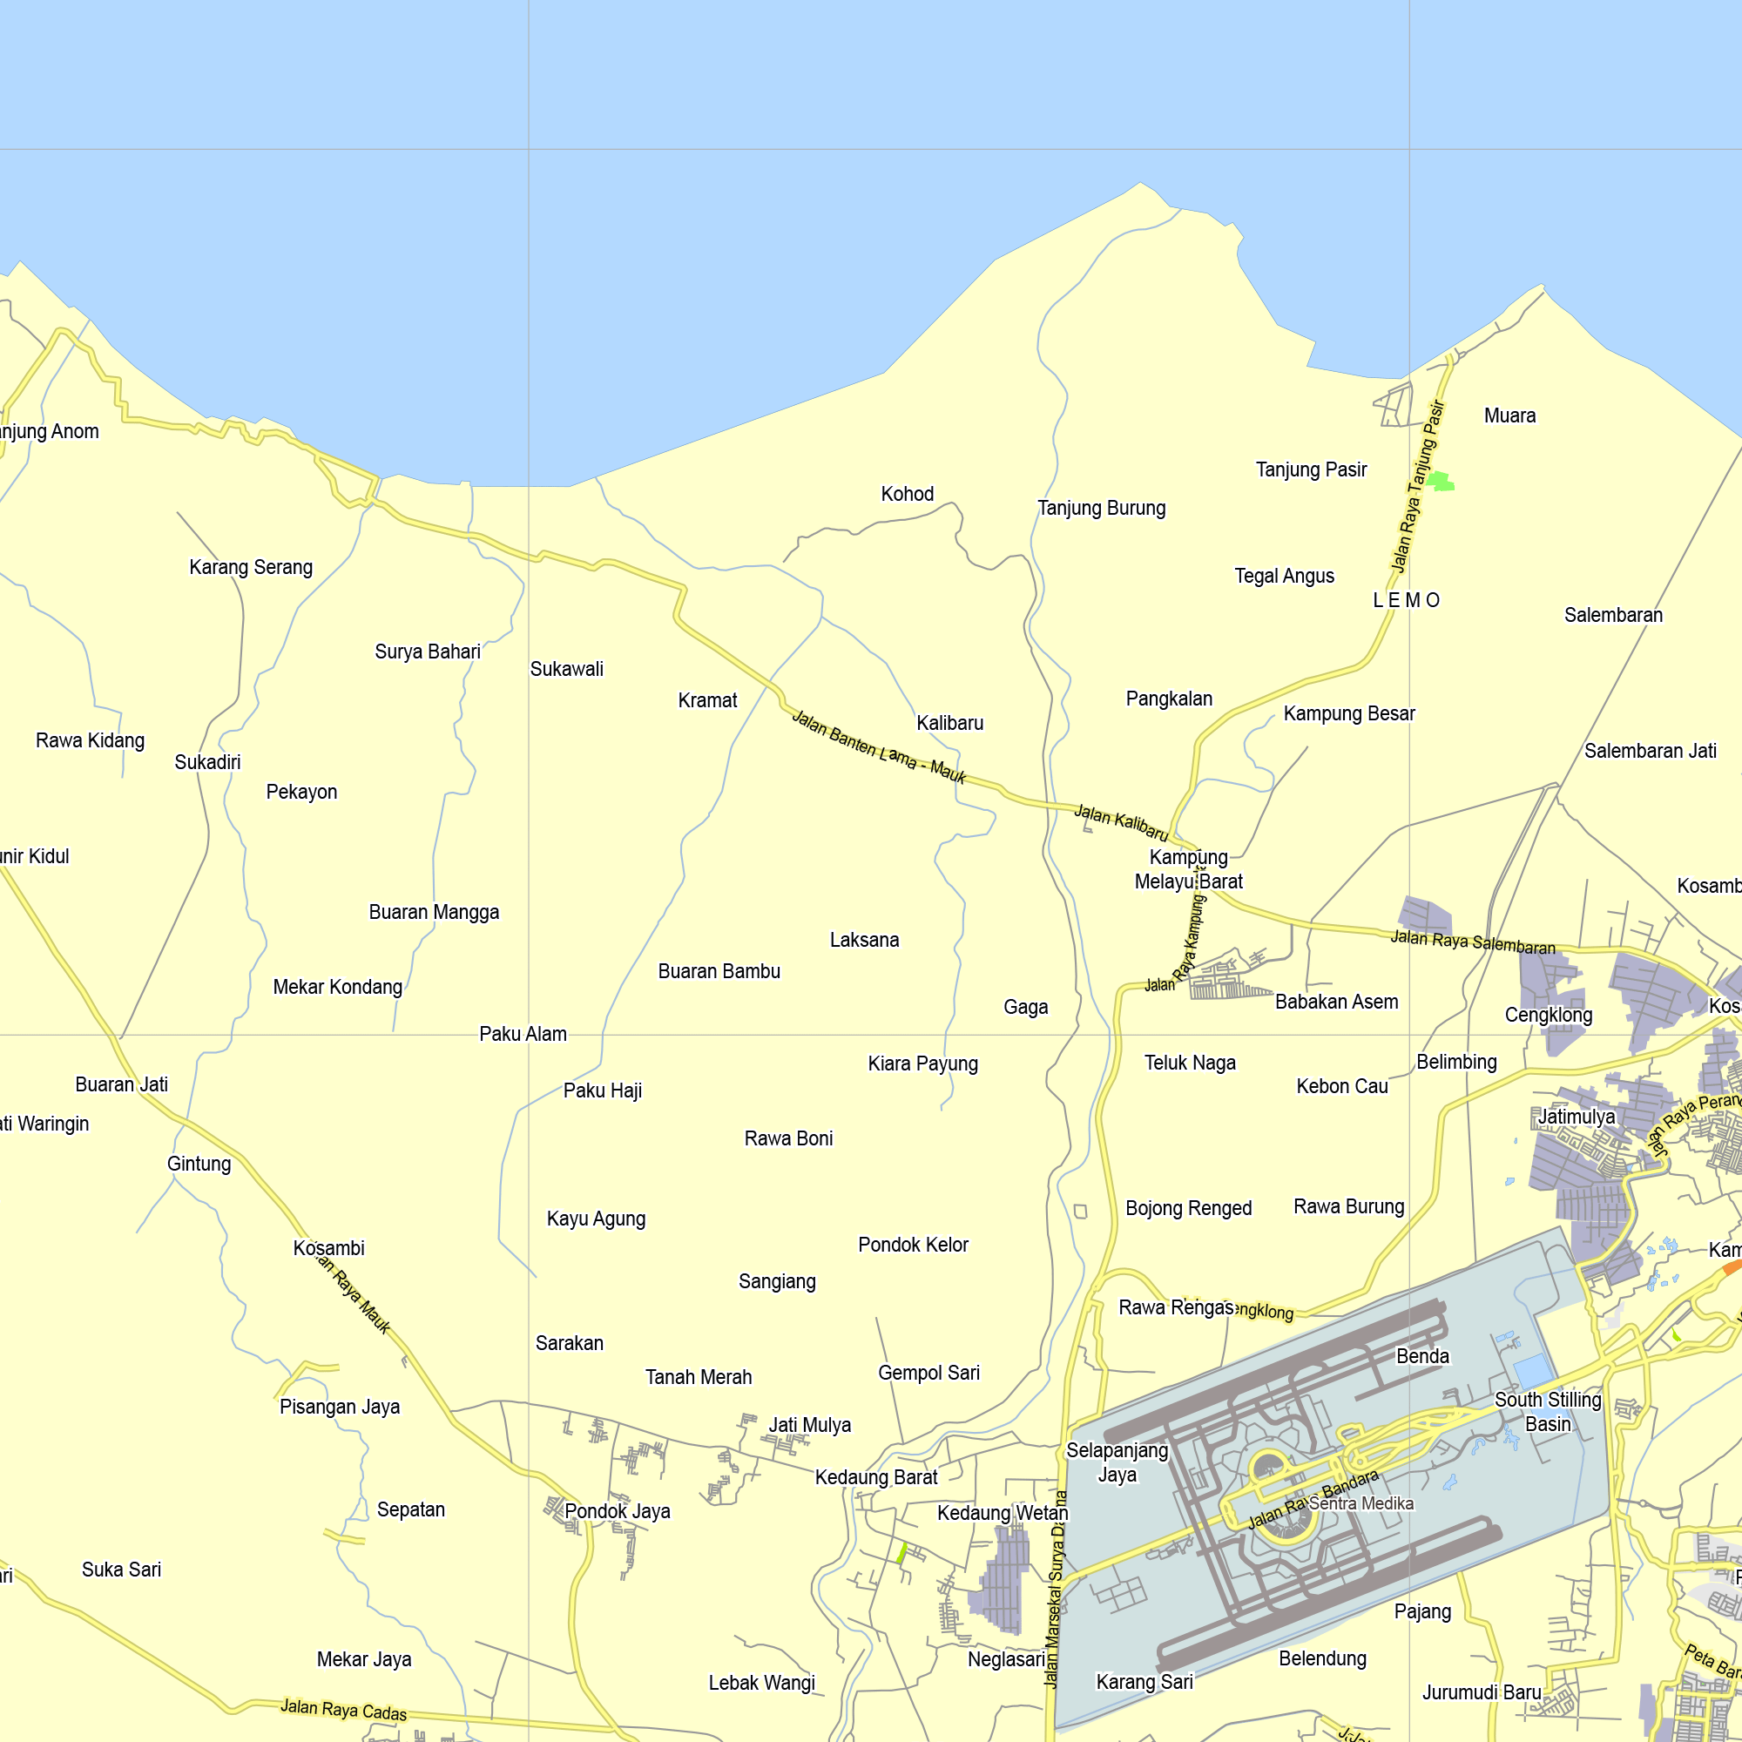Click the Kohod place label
click(907, 494)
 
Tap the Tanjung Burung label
click(1101, 509)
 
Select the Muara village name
click(1509, 415)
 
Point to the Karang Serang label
click(251, 567)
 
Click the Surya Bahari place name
click(428, 651)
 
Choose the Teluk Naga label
click(1189, 1062)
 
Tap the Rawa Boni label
click(788, 1138)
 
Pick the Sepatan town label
click(410, 1509)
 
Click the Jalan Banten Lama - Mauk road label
click(878, 747)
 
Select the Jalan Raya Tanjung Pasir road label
click(1418, 487)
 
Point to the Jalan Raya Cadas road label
click(343, 1710)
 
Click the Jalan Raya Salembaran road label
click(1472, 942)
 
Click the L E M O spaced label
click(1406, 600)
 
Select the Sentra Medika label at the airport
click(1361, 1503)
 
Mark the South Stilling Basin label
click(1547, 1412)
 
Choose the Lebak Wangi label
click(761, 1683)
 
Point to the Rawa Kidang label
click(91, 740)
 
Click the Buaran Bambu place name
click(719, 971)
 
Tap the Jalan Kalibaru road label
click(1121, 823)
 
